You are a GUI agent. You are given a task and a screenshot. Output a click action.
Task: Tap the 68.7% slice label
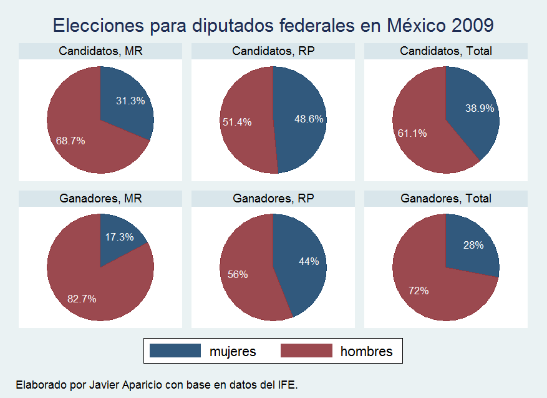[x=70, y=141]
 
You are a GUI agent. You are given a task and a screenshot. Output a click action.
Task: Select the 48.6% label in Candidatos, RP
[x=307, y=118]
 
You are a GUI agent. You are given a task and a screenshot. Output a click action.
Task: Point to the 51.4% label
[x=237, y=122]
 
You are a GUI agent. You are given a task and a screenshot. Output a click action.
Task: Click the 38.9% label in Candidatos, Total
[x=480, y=108]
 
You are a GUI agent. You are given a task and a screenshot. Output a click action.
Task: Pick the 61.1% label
[x=412, y=132]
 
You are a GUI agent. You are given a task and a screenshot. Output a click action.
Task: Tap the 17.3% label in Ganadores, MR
[x=119, y=237]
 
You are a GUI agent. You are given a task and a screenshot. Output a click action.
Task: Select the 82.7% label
[x=82, y=299]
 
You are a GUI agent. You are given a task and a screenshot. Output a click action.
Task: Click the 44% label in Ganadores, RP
[x=309, y=261]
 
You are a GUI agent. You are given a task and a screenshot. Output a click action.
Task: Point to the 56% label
[x=238, y=274]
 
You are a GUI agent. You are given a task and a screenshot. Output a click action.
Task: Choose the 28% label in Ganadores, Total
[x=473, y=245]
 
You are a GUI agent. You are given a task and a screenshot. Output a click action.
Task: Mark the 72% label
[x=419, y=291]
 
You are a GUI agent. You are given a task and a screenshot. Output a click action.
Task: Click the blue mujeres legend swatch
[x=175, y=351]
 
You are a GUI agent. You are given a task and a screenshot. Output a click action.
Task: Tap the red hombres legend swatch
[x=306, y=351]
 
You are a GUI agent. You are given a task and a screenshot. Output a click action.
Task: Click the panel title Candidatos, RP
[x=273, y=51]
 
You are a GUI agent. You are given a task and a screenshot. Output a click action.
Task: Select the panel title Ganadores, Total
[x=446, y=199]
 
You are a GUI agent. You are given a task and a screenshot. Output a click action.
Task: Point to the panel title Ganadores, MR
[x=100, y=199]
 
